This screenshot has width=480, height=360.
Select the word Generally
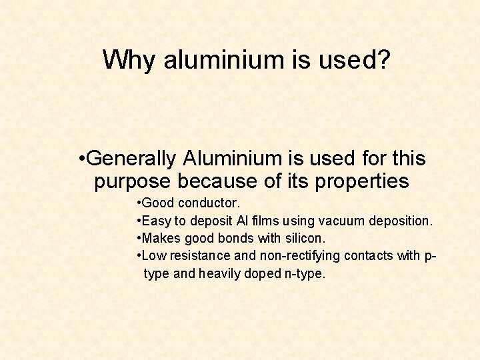click(131, 159)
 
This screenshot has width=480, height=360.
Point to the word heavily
click(219, 274)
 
